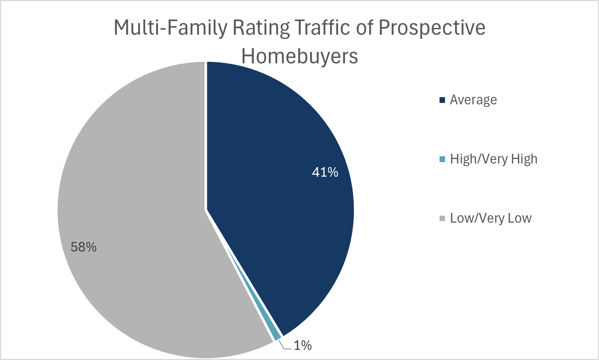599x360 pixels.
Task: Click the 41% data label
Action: click(325, 172)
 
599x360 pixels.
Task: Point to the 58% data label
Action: click(84, 247)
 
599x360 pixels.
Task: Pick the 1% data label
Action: click(303, 345)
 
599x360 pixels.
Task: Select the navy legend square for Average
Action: click(442, 100)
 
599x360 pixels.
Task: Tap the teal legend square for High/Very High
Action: click(442, 159)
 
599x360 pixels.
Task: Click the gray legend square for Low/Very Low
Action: click(442, 218)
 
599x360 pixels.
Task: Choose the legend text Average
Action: click(473, 100)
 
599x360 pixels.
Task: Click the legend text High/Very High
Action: click(494, 159)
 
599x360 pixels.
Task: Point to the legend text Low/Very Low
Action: click(491, 218)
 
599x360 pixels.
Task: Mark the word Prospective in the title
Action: click(432, 28)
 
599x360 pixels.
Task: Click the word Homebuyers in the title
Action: click(300, 56)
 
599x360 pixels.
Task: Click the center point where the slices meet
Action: click(206, 210)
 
